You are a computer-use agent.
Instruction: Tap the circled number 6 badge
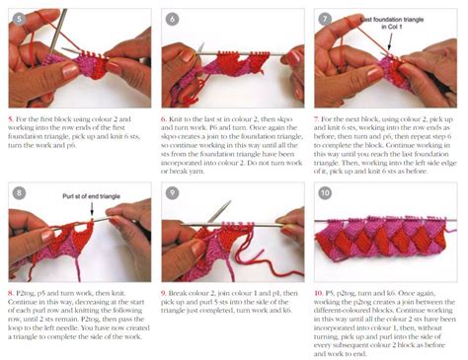click(x=172, y=18)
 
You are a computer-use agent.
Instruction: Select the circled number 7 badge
click(x=327, y=18)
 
